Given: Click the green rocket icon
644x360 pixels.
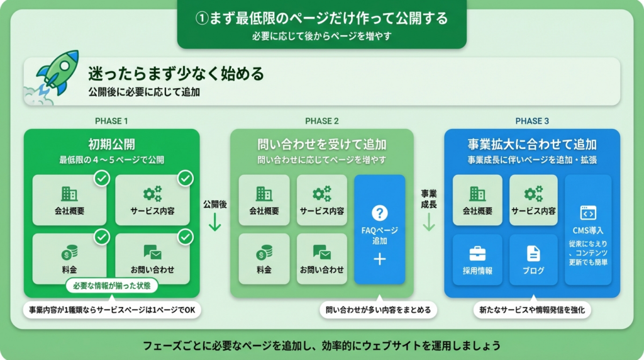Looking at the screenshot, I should tap(58, 72).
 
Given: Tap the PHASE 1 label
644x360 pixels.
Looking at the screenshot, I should tap(111, 121).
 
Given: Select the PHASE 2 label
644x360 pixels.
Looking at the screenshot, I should tap(321, 121).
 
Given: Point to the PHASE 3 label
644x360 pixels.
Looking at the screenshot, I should tap(531, 121).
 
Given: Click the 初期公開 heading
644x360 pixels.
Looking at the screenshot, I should tap(111, 144).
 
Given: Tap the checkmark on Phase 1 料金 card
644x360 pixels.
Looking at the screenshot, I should tap(101, 237).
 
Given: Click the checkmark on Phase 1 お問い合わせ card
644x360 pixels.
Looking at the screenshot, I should tap(185, 237).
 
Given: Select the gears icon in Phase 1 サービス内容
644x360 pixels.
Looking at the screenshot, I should tap(152, 193).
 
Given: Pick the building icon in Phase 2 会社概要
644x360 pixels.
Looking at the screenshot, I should tap(264, 193).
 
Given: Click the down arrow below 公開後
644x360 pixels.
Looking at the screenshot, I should tap(214, 222).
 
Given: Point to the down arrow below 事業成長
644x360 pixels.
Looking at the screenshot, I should tap(429, 222).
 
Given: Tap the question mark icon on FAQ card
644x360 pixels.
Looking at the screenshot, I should tap(379, 213).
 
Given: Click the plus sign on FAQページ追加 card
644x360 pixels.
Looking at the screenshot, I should tap(379, 259).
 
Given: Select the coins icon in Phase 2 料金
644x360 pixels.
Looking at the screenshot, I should tap(264, 252).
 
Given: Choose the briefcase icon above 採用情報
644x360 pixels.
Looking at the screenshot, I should tap(477, 253).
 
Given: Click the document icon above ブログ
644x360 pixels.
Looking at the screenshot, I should tap(533, 253).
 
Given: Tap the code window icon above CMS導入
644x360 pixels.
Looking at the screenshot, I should tap(588, 212).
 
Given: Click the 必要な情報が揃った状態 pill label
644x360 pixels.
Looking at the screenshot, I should tap(111, 286).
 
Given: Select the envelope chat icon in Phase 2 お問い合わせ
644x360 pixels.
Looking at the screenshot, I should tap(321, 252).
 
